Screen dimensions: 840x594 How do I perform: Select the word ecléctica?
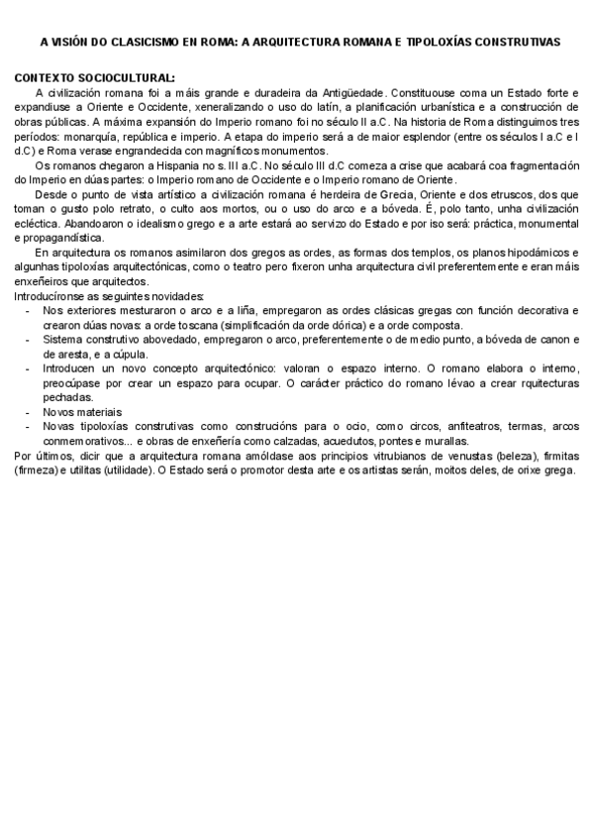coord(38,224)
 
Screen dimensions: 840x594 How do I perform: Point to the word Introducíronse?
coord(49,296)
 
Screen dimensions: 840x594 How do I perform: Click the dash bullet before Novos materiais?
coord(27,411)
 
